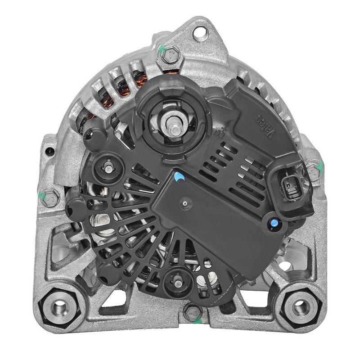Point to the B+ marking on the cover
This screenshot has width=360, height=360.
(220, 134)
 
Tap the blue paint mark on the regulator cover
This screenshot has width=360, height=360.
(179, 177)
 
